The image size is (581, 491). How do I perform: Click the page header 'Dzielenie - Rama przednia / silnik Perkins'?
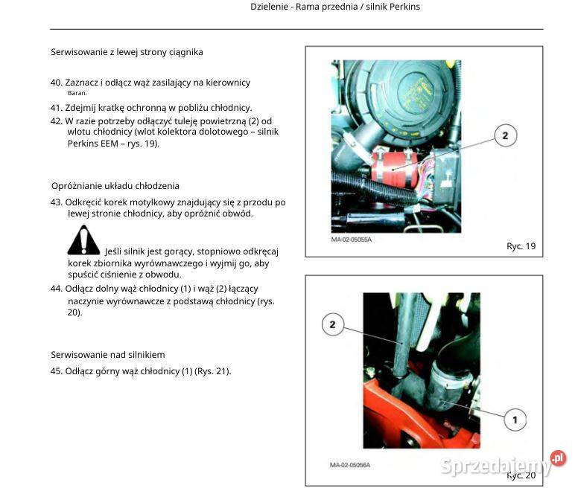[x=335, y=7]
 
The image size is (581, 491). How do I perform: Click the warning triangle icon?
[x=83, y=240]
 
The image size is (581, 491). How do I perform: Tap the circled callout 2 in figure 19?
[x=504, y=135]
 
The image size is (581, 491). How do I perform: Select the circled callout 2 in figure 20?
[x=332, y=324]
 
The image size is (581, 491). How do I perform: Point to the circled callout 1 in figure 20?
[x=515, y=420]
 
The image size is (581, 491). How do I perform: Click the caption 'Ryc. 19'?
[x=520, y=246]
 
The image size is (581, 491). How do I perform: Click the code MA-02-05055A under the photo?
[x=351, y=240]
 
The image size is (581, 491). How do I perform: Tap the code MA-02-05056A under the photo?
[x=350, y=466]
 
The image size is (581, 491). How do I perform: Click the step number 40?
[x=56, y=83]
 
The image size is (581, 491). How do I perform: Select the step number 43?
[x=56, y=202]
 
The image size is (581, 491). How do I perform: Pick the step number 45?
[x=56, y=371]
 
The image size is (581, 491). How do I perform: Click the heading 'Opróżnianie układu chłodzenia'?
[x=115, y=186]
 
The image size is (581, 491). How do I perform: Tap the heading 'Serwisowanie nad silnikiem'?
[x=107, y=355]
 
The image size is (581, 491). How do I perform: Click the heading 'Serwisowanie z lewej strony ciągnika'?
[x=127, y=52]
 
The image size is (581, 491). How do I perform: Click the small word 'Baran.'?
[x=77, y=94]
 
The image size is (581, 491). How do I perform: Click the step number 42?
[x=56, y=121]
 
